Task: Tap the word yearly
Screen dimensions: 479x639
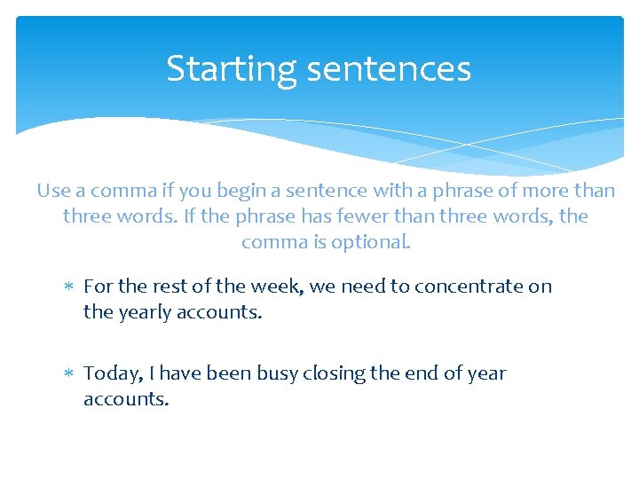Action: (144, 312)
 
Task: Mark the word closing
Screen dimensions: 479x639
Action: (334, 374)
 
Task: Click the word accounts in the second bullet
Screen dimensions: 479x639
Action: (125, 399)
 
